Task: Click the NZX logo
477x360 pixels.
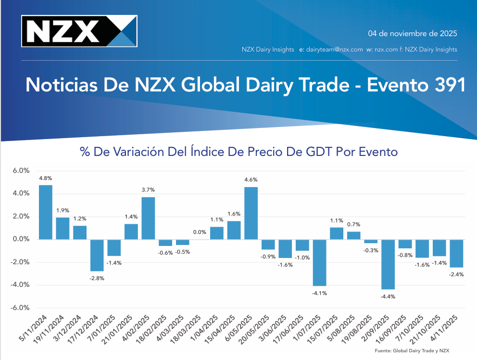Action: point(79,31)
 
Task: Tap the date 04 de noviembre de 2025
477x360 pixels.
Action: point(412,34)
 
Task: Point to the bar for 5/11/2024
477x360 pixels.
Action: point(46,212)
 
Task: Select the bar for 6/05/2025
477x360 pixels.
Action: point(251,213)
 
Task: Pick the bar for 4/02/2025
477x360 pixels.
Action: point(148,218)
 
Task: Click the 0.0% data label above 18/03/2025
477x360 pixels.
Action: point(200,232)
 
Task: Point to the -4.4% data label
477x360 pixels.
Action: point(388,296)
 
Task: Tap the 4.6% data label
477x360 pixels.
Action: point(251,180)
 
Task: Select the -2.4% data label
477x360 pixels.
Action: point(457,275)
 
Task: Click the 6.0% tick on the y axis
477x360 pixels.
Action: point(21,171)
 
